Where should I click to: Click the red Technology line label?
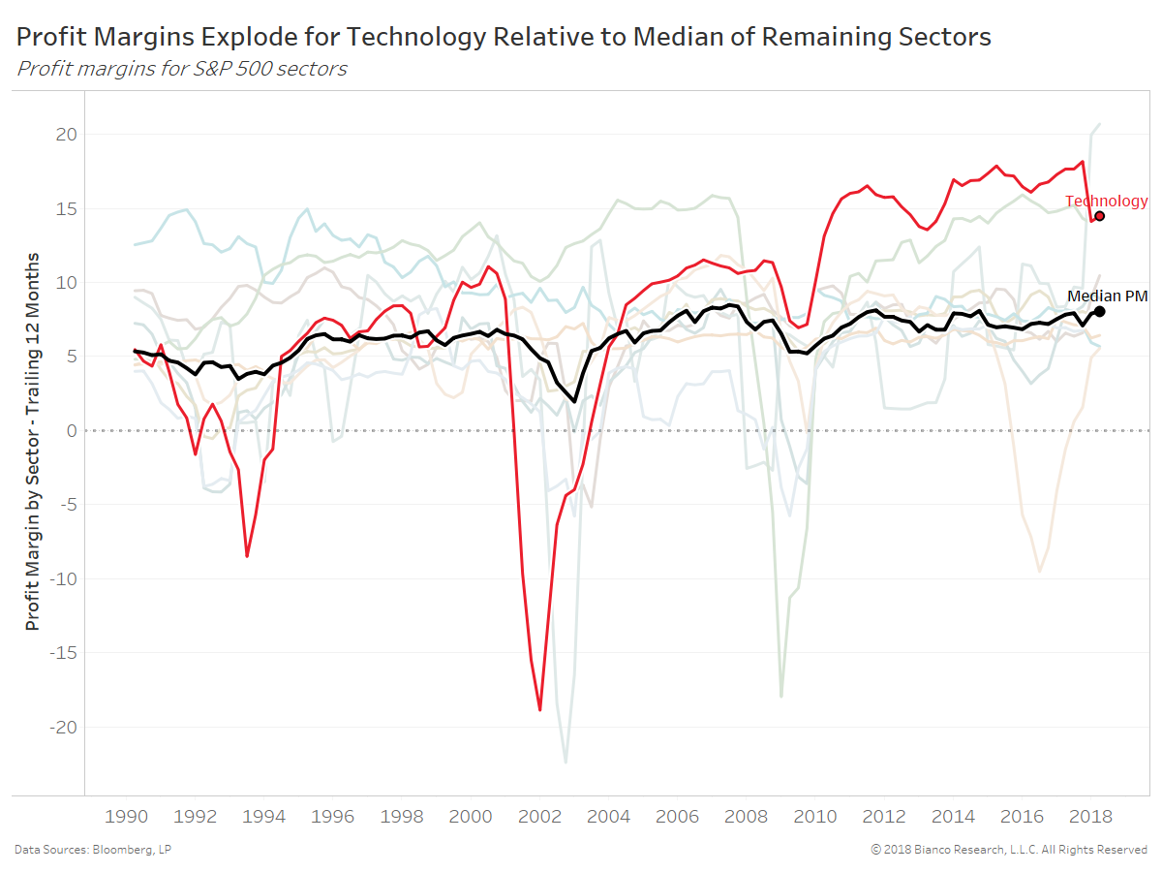(x=1106, y=202)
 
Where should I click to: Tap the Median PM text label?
(x=1107, y=296)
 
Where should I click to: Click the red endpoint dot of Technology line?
(x=1099, y=216)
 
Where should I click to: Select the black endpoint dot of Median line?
(x=1099, y=312)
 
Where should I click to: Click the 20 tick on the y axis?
(x=65, y=135)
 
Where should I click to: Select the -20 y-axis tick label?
(x=60, y=728)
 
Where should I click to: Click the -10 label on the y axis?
(x=60, y=579)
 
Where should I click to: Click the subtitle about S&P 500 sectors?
(x=182, y=69)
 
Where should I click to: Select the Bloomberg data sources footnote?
(x=93, y=850)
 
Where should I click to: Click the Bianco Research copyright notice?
(x=1009, y=850)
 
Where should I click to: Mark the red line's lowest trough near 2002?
(x=539, y=710)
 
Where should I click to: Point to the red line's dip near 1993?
(x=247, y=556)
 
